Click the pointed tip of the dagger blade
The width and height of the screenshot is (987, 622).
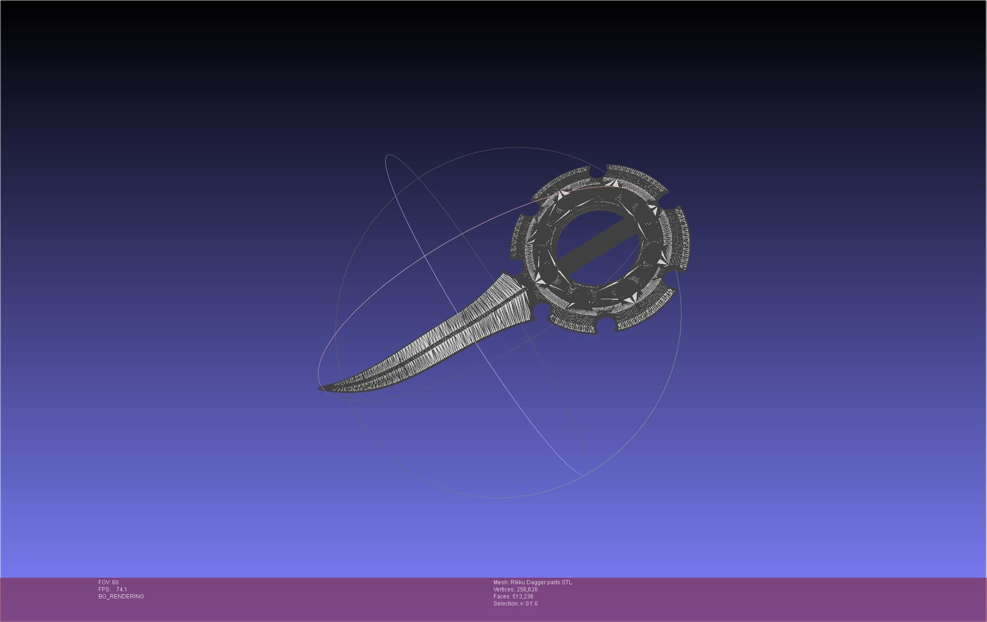[x=321, y=388]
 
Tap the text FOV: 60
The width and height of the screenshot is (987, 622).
[x=108, y=582]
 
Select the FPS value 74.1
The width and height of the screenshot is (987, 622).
[x=121, y=589]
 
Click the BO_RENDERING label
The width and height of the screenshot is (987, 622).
[x=121, y=597]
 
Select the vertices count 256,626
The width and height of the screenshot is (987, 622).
[x=527, y=589]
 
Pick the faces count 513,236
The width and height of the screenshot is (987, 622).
[x=523, y=597]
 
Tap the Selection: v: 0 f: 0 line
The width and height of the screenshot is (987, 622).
[x=515, y=604]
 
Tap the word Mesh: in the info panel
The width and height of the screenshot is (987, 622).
[x=501, y=582]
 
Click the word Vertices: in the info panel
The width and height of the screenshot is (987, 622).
[x=504, y=589]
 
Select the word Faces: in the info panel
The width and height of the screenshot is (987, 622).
[x=502, y=597]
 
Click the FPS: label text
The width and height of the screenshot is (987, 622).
[x=104, y=589]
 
